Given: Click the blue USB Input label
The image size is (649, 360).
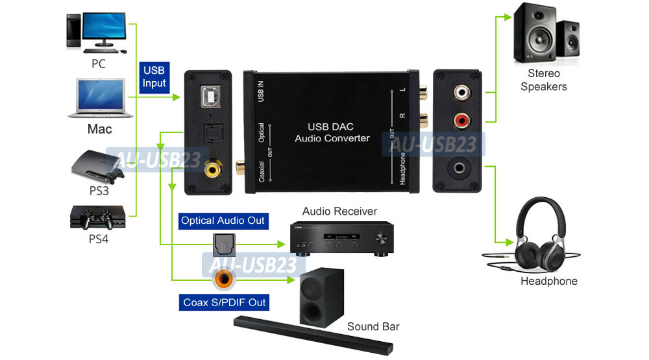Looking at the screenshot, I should coord(154,77).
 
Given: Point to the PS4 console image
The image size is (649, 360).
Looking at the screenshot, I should coord(97,218).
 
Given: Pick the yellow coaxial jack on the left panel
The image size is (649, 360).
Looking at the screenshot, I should coord(212,170).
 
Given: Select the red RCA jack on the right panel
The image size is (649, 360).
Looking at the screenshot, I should coord(461,119).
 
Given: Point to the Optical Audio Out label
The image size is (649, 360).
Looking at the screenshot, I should coord(223,221).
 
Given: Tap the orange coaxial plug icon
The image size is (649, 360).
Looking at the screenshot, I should coord(223,278).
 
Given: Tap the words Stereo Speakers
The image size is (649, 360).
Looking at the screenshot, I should coord(543,80).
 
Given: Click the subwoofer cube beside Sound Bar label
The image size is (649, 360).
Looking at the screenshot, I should coord(320,296).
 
